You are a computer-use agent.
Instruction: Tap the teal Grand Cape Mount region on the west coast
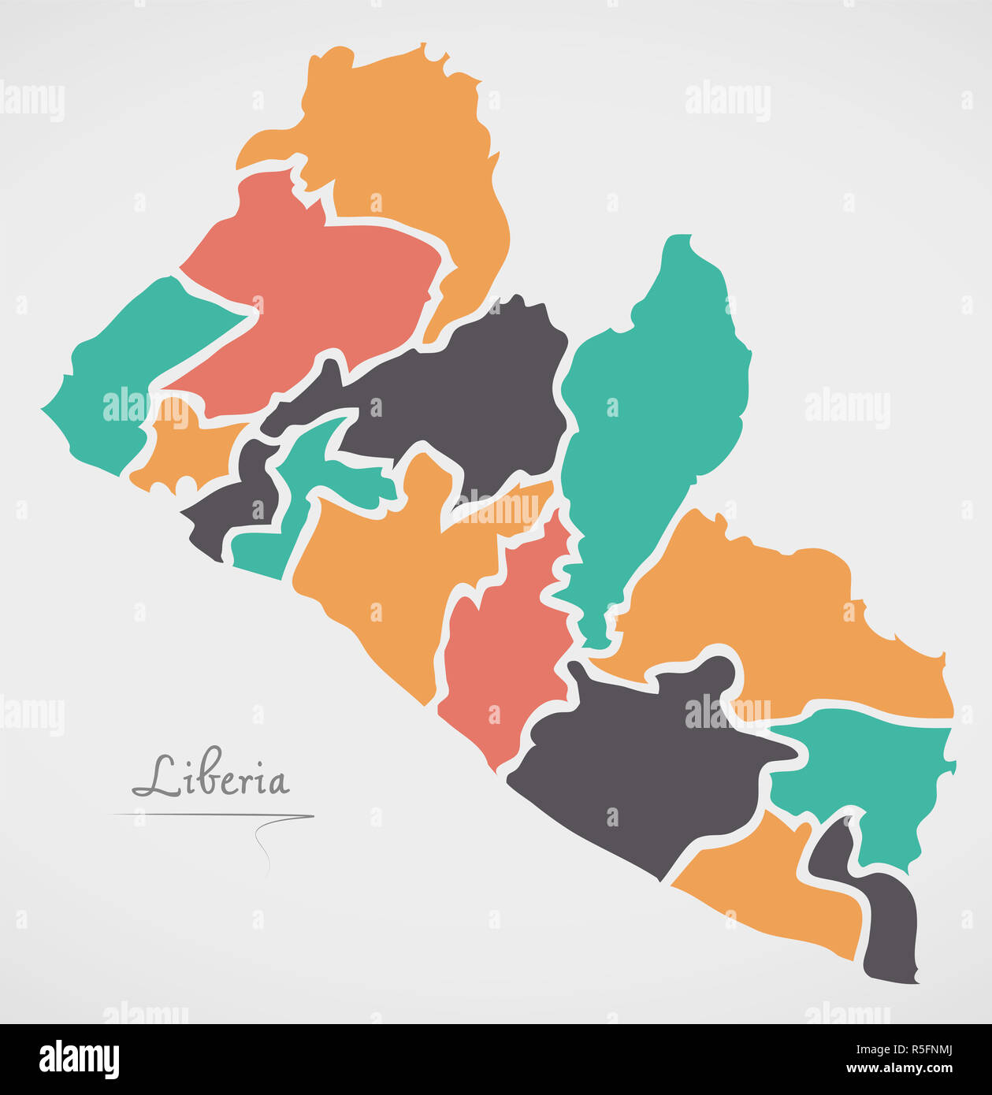click(118, 370)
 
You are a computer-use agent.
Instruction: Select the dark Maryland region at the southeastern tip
click(890, 930)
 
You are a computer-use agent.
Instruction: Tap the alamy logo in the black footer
click(79, 1060)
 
